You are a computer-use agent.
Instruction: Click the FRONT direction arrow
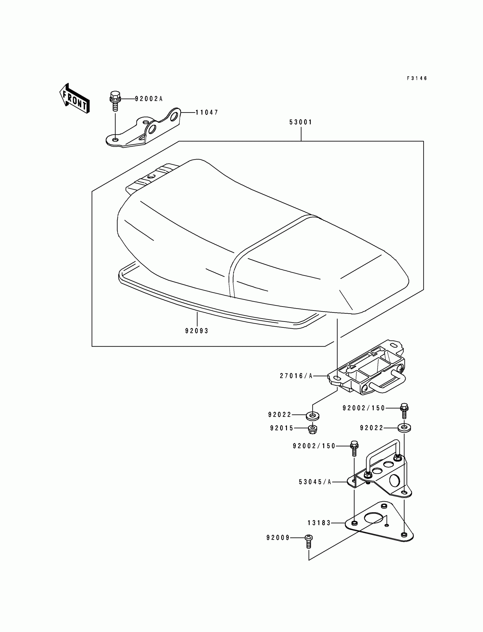coord(74,99)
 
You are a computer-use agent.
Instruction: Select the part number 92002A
coord(149,99)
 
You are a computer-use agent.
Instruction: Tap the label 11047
coord(207,113)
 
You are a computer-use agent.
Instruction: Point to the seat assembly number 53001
coord(301,122)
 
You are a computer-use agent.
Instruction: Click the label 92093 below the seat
coord(197,331)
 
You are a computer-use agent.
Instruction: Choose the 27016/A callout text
coord(296,376)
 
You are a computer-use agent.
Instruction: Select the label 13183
coord(319,523)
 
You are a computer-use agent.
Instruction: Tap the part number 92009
coord(278,538)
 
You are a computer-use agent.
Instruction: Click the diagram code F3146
coord(417,78)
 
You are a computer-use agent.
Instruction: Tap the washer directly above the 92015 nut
coord(313,416)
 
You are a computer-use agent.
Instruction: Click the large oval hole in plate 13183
coord(373,518)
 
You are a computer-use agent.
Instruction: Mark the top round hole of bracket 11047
coord(174,117)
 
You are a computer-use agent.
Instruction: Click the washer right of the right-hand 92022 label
coord(404,428)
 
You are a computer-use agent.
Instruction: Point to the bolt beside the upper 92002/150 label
coord(404,411)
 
